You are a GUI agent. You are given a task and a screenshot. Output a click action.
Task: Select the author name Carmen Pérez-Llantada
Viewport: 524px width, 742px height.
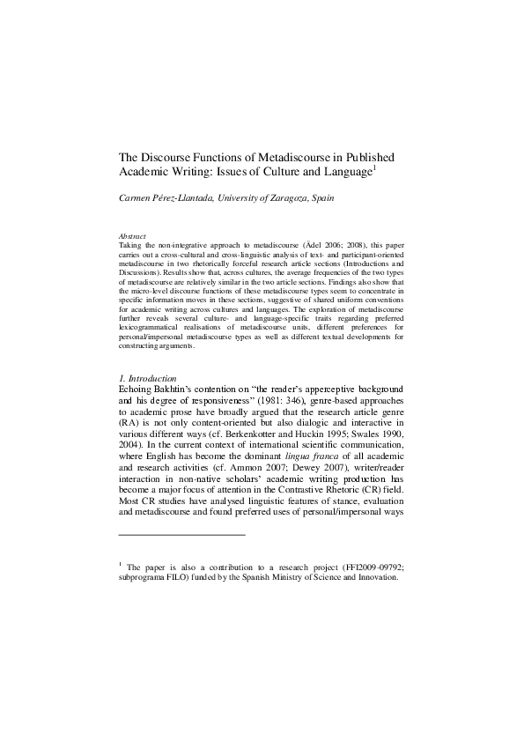pos(162,198)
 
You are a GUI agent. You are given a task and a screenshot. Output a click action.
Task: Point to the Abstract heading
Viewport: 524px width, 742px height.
pos(132,236)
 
